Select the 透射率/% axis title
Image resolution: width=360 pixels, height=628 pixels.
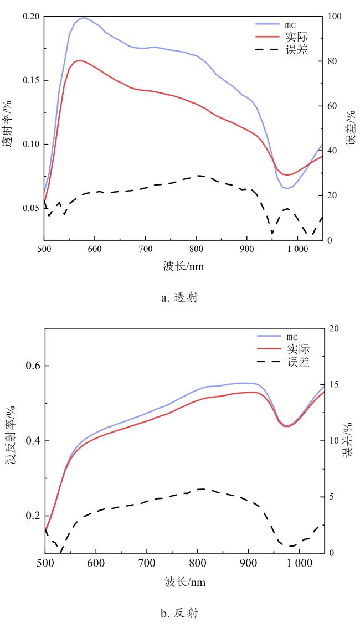click(9, 127)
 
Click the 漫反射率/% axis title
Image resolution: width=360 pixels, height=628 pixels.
click(9, 441)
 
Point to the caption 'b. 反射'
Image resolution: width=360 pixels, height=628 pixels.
click(179, 613)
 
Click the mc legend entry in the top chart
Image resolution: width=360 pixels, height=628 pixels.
click(284, 24)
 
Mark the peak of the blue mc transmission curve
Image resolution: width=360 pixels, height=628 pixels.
click(84, 18)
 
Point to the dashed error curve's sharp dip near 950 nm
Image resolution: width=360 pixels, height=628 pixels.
click(272, 233)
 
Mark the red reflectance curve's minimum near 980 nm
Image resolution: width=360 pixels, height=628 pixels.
click(287, 426)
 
